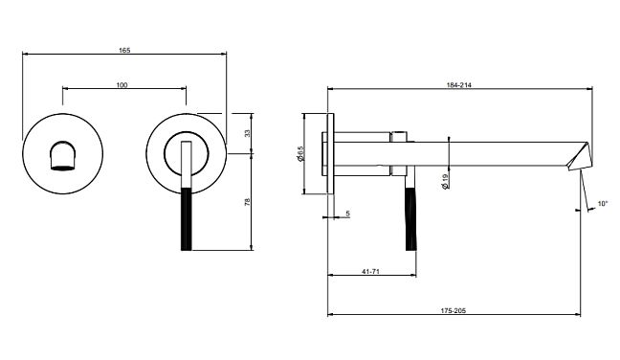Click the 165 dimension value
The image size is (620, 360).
(124, 50)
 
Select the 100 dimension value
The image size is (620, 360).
(122, 84)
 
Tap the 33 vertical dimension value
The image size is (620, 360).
(248, 133)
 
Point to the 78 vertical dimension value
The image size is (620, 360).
(248, 202)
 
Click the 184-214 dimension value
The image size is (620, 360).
(459, 84)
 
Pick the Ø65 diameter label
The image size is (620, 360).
(300, 153)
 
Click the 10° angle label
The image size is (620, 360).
(603, 204)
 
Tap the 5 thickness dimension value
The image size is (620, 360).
(348, 214)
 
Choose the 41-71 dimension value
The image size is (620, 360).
(370, 271)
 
